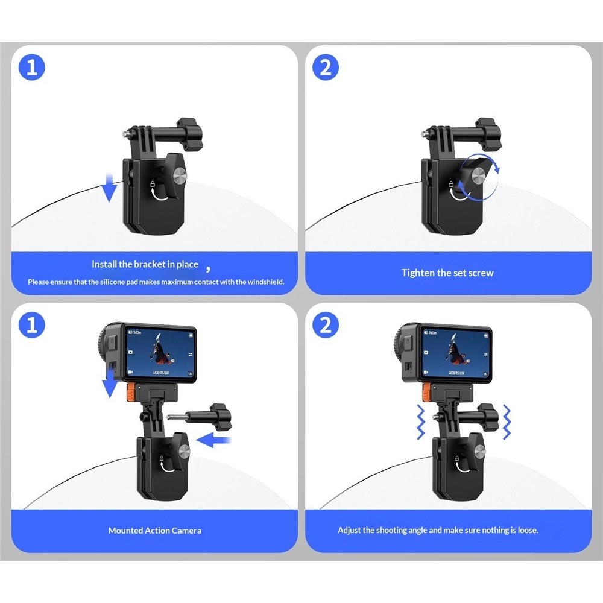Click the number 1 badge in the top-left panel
32,68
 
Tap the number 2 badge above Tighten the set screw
326,68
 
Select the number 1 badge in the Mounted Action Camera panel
32,325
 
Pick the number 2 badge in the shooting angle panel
326,325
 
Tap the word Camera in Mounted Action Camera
186,531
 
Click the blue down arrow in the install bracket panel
110,188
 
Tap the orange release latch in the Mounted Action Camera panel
130,392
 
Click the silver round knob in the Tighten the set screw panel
479,177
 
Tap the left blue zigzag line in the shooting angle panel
421,422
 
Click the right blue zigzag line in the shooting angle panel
507,422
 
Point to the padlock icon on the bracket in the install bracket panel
153,183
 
